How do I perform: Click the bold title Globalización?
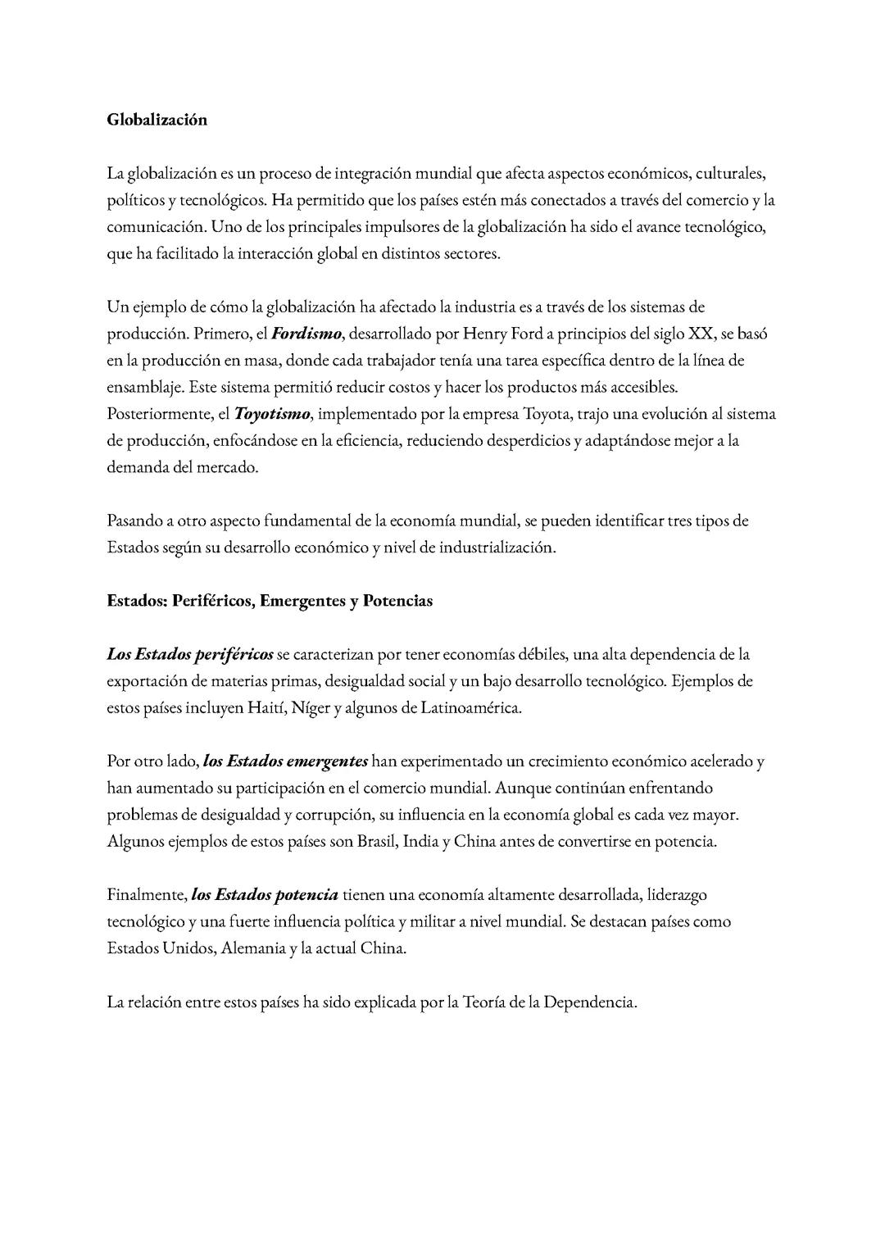pyautogui.click(x=157, y=120)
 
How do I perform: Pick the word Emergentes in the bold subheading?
pyautogui.click(x=302, y=601)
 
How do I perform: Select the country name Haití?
pyautogui.click(x=265, y=707)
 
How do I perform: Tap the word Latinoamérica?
pyautogui.click(x=470, y=707)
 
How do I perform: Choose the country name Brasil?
pyautogui.click(x=376, y=842)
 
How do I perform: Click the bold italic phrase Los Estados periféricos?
pyautogui.click(x=190, y=654)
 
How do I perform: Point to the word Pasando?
pyautogui.click(x=134, y=520)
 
